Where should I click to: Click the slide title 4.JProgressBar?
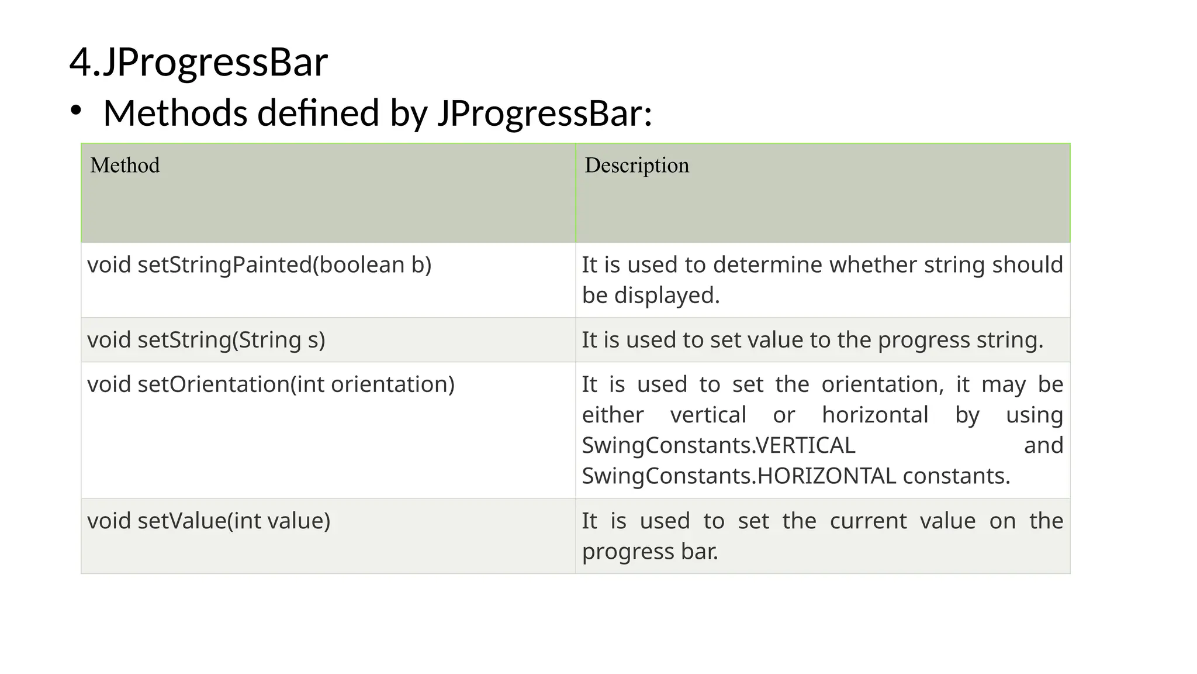[x=198, y=63]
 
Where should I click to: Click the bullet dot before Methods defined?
[x=75, y=111]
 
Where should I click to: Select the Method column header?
[x=125, y=166]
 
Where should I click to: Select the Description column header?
[x=636, y=166]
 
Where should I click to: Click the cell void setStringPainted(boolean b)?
[x=259, y=265]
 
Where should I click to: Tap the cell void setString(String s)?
[x=206, y=340]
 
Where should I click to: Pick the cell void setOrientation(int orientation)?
[x=271, y=384]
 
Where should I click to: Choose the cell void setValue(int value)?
[x=209, y=521]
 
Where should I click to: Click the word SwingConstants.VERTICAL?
[x=718, y=446]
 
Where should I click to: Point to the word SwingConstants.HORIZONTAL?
[x=739, y=476]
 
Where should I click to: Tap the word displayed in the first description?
[x=666, y=295]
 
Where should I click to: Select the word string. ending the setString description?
[x=1009, y=340]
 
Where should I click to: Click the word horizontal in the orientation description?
[x=875, y=415]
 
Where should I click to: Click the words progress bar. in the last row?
[x=650, y=552]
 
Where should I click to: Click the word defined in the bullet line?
[x=318, y=113]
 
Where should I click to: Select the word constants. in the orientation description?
[x=956, y=476]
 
